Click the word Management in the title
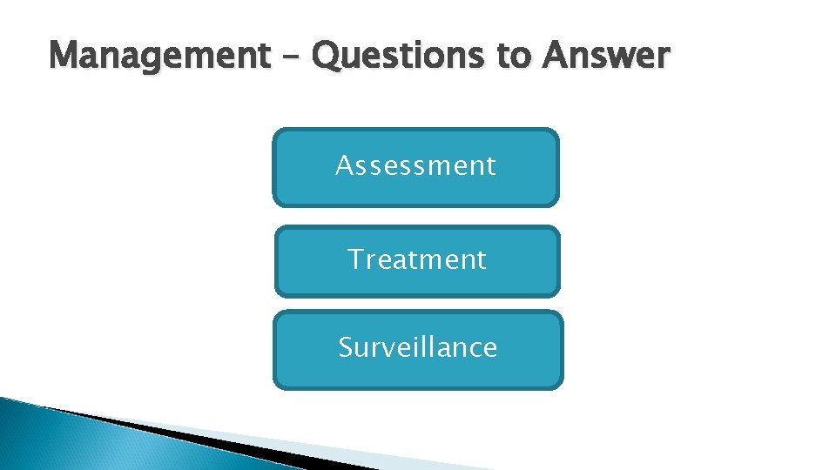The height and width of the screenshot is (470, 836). pos(159,57)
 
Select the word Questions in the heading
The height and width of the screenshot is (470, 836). pos(400,57)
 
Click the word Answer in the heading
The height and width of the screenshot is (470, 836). pos(606,57)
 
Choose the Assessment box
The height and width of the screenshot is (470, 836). pos(415,167)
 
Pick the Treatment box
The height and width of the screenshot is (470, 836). pos(417,261)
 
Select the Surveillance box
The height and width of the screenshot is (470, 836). pos(418,349)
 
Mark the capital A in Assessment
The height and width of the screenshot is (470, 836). pos(345,165)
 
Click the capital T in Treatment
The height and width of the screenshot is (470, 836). pos(355,258)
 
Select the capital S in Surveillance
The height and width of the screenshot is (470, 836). pos(346,347)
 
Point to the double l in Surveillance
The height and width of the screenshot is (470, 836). pos(434,346)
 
